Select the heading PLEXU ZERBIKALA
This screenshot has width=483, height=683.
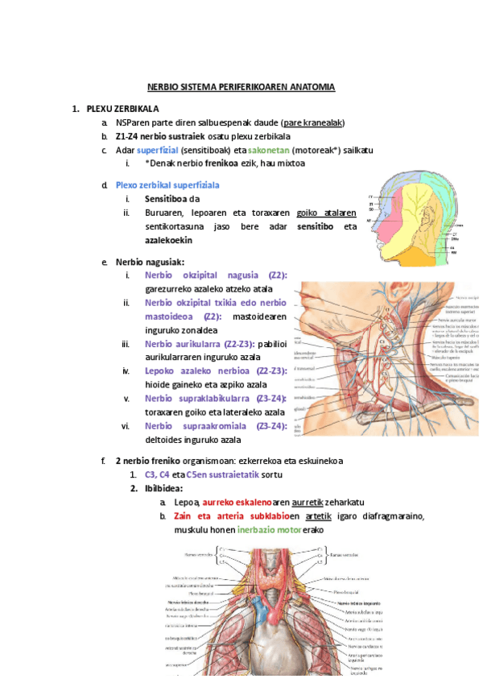[123, 108]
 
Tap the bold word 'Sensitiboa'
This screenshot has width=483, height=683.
[166, 199]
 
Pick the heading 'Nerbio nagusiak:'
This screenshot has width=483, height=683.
[150, 262]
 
